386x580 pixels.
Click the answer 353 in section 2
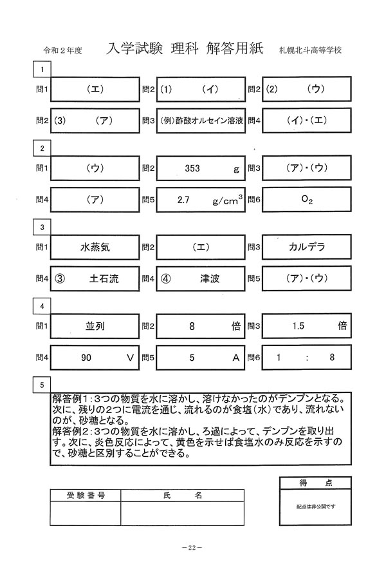click(x=192, y=168)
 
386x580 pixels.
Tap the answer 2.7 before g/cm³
click(x=183, y=200)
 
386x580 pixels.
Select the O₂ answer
click(x=307, y=199)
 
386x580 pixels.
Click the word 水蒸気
click(x=95, y=247)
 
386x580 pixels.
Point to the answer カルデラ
click(x=307, y=247)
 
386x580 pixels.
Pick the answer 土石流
click(x=104, y=278)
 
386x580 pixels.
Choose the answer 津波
click(x=210, y=278)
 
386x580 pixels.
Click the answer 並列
click(x=95, y=326)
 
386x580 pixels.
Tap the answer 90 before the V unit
click(x=86, y=358)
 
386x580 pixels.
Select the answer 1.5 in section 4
click(x=298, y=326)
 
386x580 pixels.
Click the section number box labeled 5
click(x=42, y=385)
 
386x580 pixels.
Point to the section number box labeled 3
click(x=42, y=227)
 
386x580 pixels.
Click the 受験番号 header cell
click(x=86, y=496)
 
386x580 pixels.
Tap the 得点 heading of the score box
click(x=315, y=483)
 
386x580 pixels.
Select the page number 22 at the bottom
click(x=192, y=548)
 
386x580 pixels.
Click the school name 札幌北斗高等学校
click(x=310, y=50)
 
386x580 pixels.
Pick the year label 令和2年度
click(x=62, y=50)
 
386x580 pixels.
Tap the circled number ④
click(x=165, y=278)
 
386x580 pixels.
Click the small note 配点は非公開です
click(x=315, y=507)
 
